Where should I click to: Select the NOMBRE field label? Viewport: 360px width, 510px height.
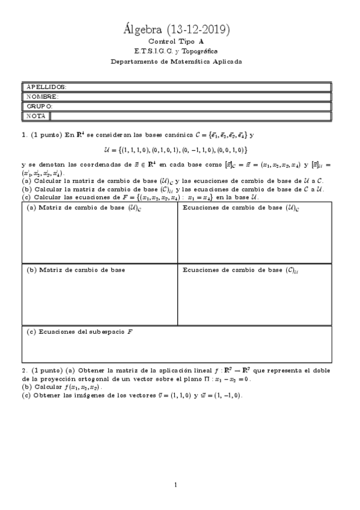pyautogui.click(x=42, y=96)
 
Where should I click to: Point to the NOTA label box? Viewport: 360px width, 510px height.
pyautogui.click(x=36, y=115)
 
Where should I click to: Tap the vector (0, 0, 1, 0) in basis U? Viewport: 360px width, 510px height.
pyautogui.click(x=231, y=149)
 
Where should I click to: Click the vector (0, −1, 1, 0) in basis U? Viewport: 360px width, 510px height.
pyautogui.click(x=199, y=149)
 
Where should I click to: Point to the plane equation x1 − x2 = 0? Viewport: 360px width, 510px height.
pyautogui.click(x=231, y=379)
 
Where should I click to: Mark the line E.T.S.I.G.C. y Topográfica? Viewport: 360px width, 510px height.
pyautogui.click(x=177, y=52)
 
